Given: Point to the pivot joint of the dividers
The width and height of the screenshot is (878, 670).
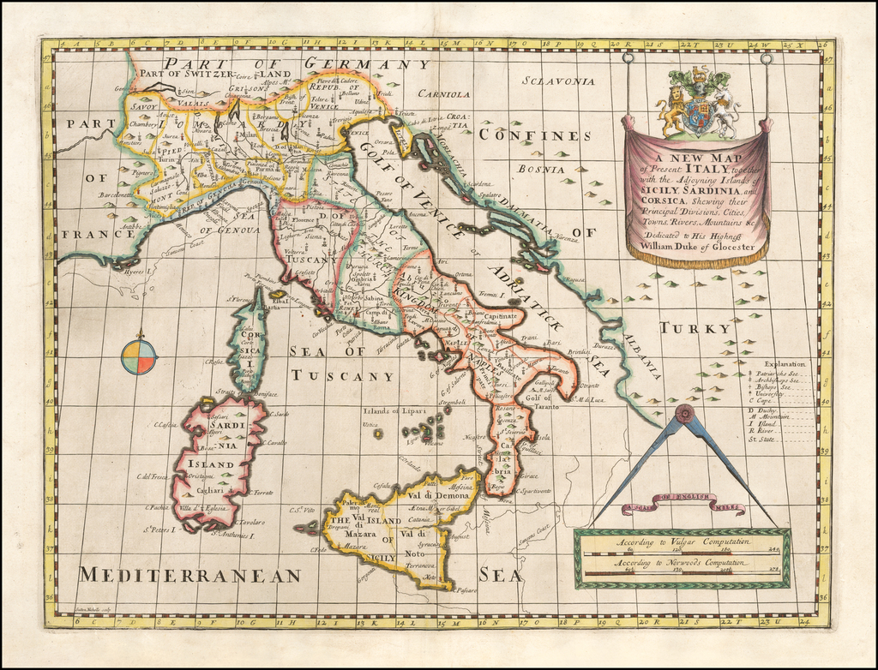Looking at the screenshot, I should point(683,415).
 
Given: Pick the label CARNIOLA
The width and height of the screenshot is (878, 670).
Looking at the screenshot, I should point(444,94).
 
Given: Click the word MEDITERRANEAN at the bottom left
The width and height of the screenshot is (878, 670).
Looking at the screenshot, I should point(189,575).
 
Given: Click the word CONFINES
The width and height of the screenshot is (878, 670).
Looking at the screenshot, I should point(534,135).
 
